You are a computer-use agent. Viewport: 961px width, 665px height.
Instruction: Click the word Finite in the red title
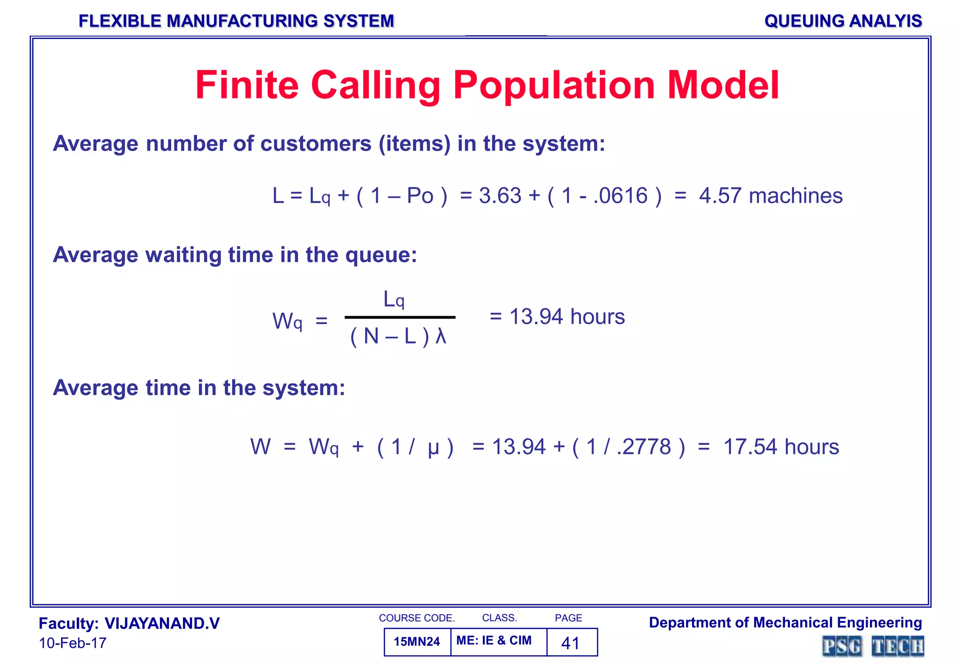[x=247, y=85]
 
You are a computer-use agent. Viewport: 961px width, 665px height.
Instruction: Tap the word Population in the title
[x=554, y=86]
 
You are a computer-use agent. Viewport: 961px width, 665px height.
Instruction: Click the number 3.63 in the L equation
[x=500, y=196]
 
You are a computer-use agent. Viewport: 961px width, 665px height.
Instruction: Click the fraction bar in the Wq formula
[x=400, y=317]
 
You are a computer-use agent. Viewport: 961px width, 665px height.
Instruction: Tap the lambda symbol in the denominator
[x=441, y=336]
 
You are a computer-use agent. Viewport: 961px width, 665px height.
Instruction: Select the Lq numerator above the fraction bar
[x=394, y=299]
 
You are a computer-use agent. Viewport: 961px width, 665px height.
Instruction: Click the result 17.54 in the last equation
[x=750, y=447]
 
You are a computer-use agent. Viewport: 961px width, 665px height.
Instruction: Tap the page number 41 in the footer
[x=571, y=643]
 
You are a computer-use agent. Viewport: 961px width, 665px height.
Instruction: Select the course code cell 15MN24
[x=417, y=642]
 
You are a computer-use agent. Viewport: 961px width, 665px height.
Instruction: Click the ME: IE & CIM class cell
[x=494, y=641]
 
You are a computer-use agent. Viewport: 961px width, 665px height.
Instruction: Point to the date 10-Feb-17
[x=73, y=643]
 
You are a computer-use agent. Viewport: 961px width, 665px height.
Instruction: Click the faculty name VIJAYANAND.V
[x=162, y=624]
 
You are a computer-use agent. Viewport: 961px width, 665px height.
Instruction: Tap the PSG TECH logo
[x=873, y=646]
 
